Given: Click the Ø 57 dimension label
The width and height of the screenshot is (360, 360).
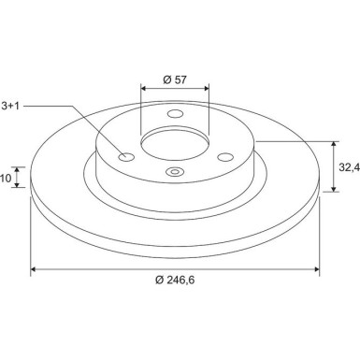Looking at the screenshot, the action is click(x=175, y=79).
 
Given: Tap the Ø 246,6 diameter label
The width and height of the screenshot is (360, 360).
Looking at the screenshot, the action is click(x=175, y=281).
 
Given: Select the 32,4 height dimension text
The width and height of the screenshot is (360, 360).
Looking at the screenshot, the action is click(x=349, y=167).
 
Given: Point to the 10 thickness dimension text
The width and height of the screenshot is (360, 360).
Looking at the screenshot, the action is click(x=6, y=178).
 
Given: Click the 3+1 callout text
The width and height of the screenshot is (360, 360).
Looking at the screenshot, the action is click(x=10, y=106).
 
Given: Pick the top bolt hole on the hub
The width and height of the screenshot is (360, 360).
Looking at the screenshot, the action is click(x=175, y=114).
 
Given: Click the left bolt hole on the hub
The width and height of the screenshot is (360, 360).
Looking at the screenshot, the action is click(x=126, y=157).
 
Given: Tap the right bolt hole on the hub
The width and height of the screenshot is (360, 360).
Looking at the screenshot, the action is click(x=225, y=157).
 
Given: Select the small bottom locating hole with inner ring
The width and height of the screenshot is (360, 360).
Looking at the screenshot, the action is click(x=175, y=171).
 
